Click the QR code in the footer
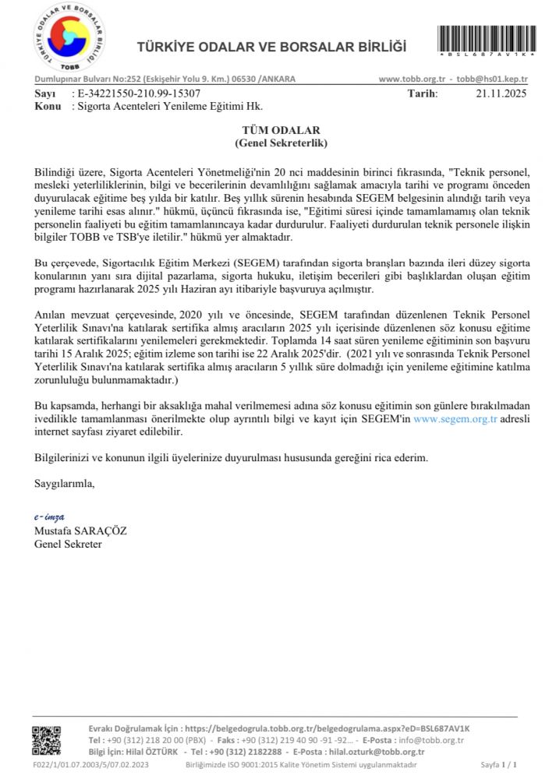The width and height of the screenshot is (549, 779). tap(46, 741)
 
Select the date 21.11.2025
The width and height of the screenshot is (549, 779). tap(501, 93)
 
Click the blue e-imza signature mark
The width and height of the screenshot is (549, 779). tap(49, 516)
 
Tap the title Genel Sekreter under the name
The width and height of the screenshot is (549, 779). tap(68, 544)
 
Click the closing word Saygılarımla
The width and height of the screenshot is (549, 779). tap(65, 483)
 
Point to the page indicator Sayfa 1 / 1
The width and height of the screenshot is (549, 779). tap(499, 765)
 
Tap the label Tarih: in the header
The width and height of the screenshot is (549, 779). tap(423, 93)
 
